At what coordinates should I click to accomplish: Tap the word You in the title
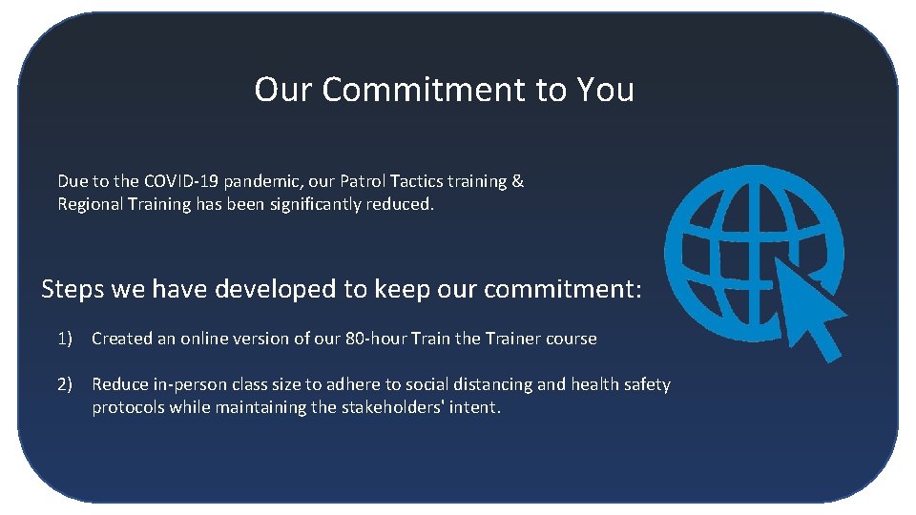click(605, 90)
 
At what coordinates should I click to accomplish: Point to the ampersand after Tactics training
click(518, 181)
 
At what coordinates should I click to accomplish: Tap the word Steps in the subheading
click(73, 289)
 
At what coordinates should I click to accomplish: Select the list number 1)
click(65, 339)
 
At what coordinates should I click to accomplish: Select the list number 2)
click(65, 384)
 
